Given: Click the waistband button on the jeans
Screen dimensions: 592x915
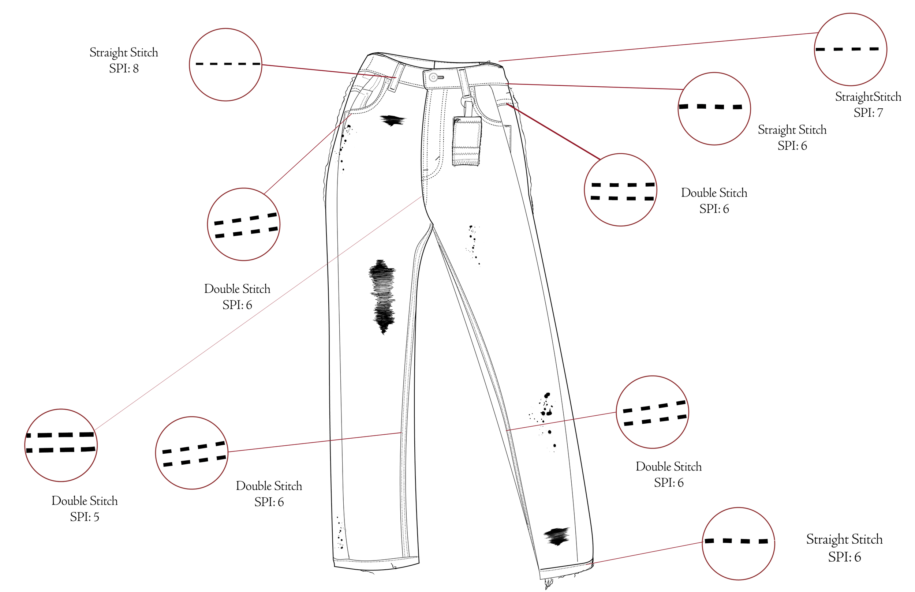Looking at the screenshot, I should [x=434, y=77].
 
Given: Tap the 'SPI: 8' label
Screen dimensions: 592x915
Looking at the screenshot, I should [x=124, y=68].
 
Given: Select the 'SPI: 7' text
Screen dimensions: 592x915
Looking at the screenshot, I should [x=868, y=113].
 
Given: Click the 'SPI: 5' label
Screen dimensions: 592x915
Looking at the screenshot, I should [x=85, y=517].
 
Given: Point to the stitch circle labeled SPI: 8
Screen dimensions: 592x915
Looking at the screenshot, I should [x=226, y=65].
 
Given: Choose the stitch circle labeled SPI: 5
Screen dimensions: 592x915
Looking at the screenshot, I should [x=61, y=445].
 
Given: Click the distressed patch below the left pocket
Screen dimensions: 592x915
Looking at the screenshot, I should [x=392, y=120].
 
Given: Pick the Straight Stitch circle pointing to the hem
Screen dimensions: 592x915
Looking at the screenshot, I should [x=738, y=543].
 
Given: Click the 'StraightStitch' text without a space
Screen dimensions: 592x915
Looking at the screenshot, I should [x=868, y=97].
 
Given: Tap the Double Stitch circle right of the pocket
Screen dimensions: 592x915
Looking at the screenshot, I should [x=620, y=190].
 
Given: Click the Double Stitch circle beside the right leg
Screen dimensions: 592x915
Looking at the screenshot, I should [x=653, y=412].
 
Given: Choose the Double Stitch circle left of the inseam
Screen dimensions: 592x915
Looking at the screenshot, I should [x=192, y=453].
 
